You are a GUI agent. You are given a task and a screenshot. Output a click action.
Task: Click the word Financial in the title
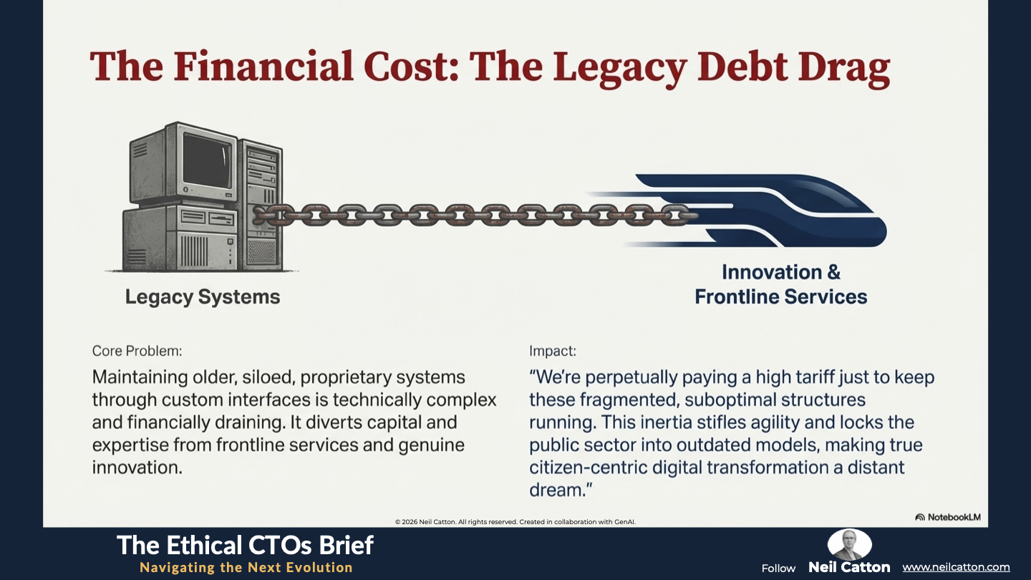point(263,66)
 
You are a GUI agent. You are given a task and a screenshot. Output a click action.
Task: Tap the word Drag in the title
point(843,69)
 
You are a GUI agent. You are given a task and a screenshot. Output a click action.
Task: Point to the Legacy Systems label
point(203,297)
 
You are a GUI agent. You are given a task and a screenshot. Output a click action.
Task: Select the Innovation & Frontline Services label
point(781,284)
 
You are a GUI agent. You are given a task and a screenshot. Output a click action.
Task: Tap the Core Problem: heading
point(137,351)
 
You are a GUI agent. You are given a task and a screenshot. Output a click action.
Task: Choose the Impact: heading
point(552,351)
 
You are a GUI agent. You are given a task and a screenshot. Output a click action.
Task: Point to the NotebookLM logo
point(948,517)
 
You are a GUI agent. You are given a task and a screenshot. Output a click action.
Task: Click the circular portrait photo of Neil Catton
point(850,544)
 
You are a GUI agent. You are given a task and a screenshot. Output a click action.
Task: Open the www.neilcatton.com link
point(956,567)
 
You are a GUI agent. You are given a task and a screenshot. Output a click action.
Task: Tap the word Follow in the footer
point(778,569)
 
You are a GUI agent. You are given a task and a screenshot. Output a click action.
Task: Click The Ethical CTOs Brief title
point(245,546)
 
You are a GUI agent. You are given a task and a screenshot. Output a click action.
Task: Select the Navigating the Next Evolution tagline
point(246,568)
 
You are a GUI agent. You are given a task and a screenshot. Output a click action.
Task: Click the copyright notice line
point(515,522)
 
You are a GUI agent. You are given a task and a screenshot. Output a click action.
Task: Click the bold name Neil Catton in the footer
point(849,567)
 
